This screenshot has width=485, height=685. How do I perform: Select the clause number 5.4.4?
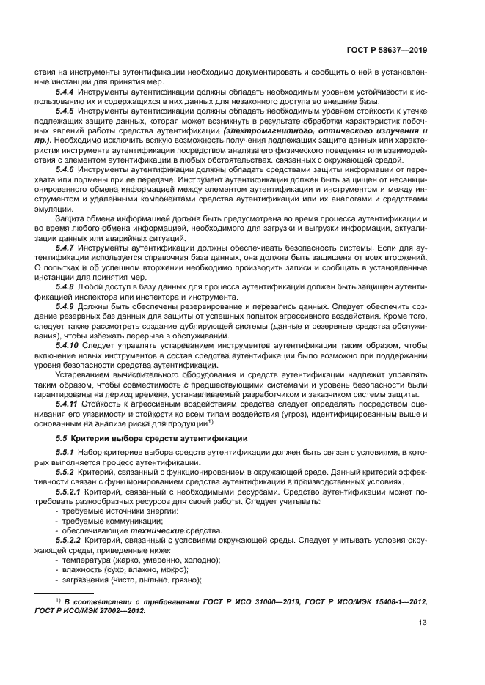tap(65, 92)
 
